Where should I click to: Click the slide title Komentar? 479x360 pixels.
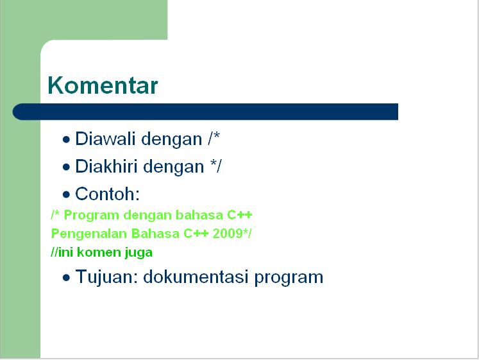pos(103,85)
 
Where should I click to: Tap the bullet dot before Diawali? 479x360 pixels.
pos(66,140)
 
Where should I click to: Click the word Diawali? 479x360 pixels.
pos(105,139)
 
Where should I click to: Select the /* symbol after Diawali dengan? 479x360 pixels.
pos(214,139)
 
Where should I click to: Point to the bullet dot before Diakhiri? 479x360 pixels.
pos(66,167)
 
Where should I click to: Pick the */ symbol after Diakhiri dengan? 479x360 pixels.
pos(216,166)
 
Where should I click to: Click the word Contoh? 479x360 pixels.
pos(108,194)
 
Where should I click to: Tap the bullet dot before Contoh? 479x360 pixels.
pos(66,194)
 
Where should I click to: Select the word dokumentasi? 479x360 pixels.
pos(196,277)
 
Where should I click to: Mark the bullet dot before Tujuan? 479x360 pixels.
pos(66,278)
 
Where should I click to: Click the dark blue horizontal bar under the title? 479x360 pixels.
pos(205,112)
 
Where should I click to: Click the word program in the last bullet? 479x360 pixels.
pos(289,278)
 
